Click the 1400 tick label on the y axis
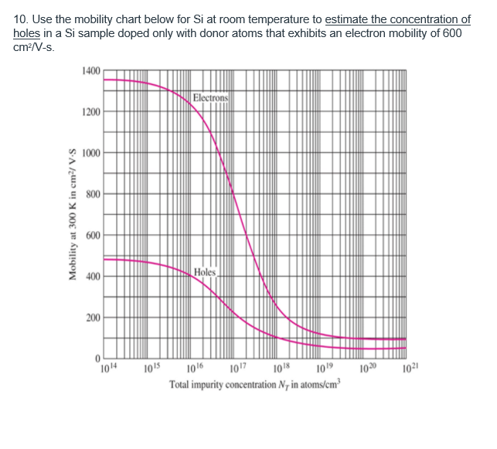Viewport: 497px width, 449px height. click(x=90, y=71)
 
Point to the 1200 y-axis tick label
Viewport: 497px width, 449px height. click(x=90, y=112)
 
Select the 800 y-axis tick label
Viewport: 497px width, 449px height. click(x=92, y=194)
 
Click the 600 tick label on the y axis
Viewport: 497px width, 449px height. click(x=92, y=236)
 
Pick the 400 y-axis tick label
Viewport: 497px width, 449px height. click(x=92, y=277)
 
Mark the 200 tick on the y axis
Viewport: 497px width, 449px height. click(x=92, y=318)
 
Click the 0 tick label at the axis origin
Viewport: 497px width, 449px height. click(x=98, y=358)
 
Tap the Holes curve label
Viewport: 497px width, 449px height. click(x=206, y=272)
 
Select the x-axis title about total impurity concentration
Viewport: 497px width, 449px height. click(x=251, y=385)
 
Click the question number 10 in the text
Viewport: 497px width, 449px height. click(x=19, y=19)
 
